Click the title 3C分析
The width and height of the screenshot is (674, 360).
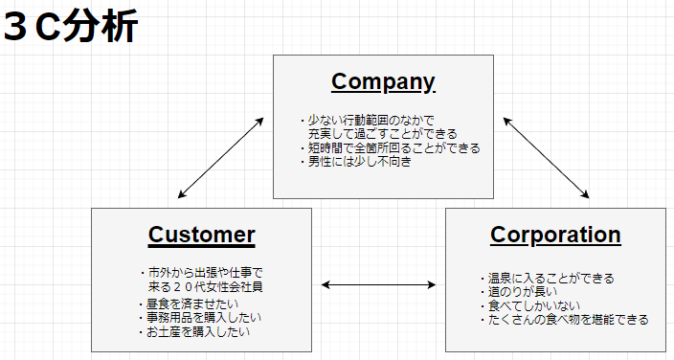pyautogui.click(x=72, y=26)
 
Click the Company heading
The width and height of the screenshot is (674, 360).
pyautogui.click(x=383, y=81)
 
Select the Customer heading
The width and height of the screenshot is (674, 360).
pyautogui.click(x=201, y=235)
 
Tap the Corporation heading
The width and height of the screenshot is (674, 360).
pyautogui.click(x=555, y=235)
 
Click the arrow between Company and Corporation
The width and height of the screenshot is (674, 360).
pyautogui.click(x=547, y=158)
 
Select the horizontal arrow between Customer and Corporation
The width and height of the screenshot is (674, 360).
pyautogui.click(x=378, y=284)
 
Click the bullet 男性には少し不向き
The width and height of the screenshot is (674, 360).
pyautogui.click(x=359, y=162)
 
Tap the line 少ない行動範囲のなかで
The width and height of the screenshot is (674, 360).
pyautogui.click(x=367, y=121)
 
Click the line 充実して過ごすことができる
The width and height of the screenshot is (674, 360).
pyautogui.click(x=382, y=134)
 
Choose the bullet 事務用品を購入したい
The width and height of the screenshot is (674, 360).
pyautogui.click(x=204, y=318)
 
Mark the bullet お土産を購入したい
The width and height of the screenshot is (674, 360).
pyautogui.click(x=198, y=332)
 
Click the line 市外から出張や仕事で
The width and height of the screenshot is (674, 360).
pyautogui.click(x=205, y=273)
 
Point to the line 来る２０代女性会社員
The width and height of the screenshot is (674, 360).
pyautogui.click(x=205, y=286)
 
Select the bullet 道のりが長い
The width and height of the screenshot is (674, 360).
pyautogui.click(x=518, y=292)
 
